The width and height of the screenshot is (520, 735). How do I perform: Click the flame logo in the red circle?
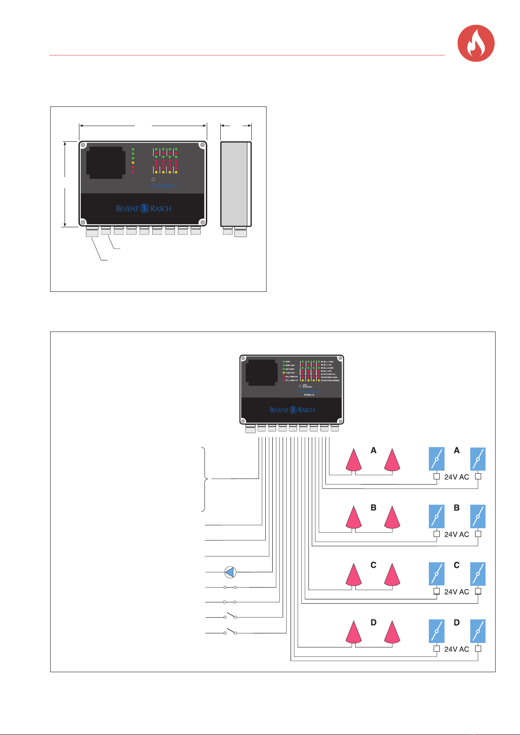coord(476,43)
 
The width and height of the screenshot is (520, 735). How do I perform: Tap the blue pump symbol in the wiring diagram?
coord(230,572)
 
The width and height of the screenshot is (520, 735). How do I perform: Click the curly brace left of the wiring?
coord(204,479)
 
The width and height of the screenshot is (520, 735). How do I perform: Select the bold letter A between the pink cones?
coord(373,451)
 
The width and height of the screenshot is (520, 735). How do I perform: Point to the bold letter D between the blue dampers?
coord(457,623)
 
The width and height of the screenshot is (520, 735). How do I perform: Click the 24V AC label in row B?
coord(457,534)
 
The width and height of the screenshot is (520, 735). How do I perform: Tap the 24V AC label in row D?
coord(457,649)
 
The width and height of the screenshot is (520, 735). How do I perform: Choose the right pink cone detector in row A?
coord(392,460)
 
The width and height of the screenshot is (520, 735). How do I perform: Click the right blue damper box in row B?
coord(478,516)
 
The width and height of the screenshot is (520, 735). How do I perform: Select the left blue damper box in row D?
coord(437,631)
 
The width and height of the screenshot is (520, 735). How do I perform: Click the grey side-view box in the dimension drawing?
coord(236,184)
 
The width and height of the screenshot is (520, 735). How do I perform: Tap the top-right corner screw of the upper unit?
coord(202,146)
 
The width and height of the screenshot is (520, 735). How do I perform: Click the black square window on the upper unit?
coord(105,163)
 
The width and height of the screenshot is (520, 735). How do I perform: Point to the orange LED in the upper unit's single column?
coord(133,163)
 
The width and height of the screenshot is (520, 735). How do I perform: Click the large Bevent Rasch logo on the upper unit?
coord(144,209)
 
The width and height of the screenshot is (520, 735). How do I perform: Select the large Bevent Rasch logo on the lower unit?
coord(292,410)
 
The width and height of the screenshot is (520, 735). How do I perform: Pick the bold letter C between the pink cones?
coord(373,565)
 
